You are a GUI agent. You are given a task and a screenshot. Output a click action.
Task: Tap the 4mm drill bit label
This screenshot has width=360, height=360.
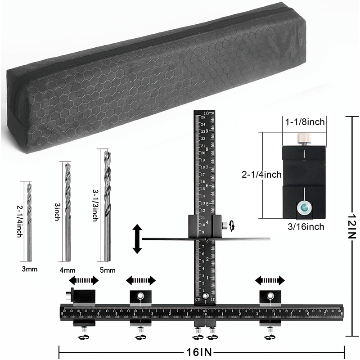67,270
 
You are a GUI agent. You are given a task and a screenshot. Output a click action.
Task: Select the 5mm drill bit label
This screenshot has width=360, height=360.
107,270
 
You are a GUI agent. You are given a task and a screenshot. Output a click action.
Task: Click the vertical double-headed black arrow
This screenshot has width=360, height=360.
137,239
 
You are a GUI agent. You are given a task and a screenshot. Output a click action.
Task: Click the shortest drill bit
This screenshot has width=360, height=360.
29,220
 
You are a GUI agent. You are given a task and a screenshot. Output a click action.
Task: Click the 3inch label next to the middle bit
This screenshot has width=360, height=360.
57,212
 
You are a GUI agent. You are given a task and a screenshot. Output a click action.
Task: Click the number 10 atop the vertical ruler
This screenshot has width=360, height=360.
207,113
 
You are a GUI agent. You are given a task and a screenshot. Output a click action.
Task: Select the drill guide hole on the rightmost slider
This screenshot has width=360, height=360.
270,296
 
